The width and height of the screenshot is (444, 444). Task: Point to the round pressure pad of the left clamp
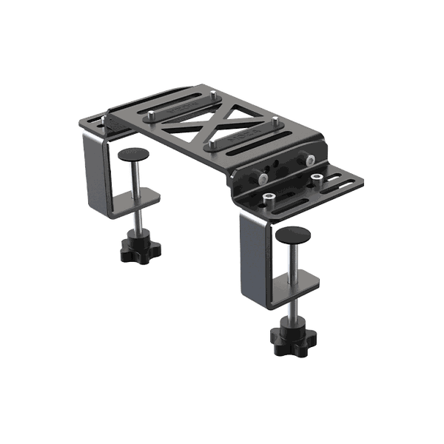(x=132, y=153)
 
